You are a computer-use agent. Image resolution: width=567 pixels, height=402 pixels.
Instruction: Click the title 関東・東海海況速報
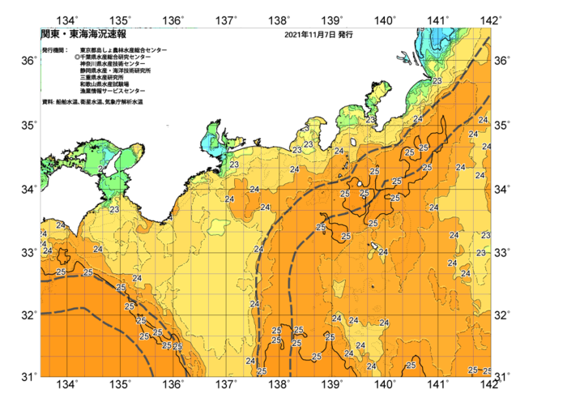click(x=83, y=35)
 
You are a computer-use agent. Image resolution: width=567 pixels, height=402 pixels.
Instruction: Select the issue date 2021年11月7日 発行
click(x=318, y=36)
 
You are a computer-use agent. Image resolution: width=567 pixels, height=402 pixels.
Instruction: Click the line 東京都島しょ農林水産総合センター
click(x=123, y=50)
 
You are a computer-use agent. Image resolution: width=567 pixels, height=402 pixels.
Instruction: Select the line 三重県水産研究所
click(x=102, y=78)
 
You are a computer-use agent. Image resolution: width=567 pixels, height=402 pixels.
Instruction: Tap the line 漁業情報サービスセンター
click(x=112, y=92)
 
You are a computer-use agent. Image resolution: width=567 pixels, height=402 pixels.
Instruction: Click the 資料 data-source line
click(x=92, y=102)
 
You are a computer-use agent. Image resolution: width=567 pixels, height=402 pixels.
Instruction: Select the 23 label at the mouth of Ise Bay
click(x=234, y=165)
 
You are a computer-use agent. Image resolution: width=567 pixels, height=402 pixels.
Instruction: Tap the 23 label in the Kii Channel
click(x=114, y=210)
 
